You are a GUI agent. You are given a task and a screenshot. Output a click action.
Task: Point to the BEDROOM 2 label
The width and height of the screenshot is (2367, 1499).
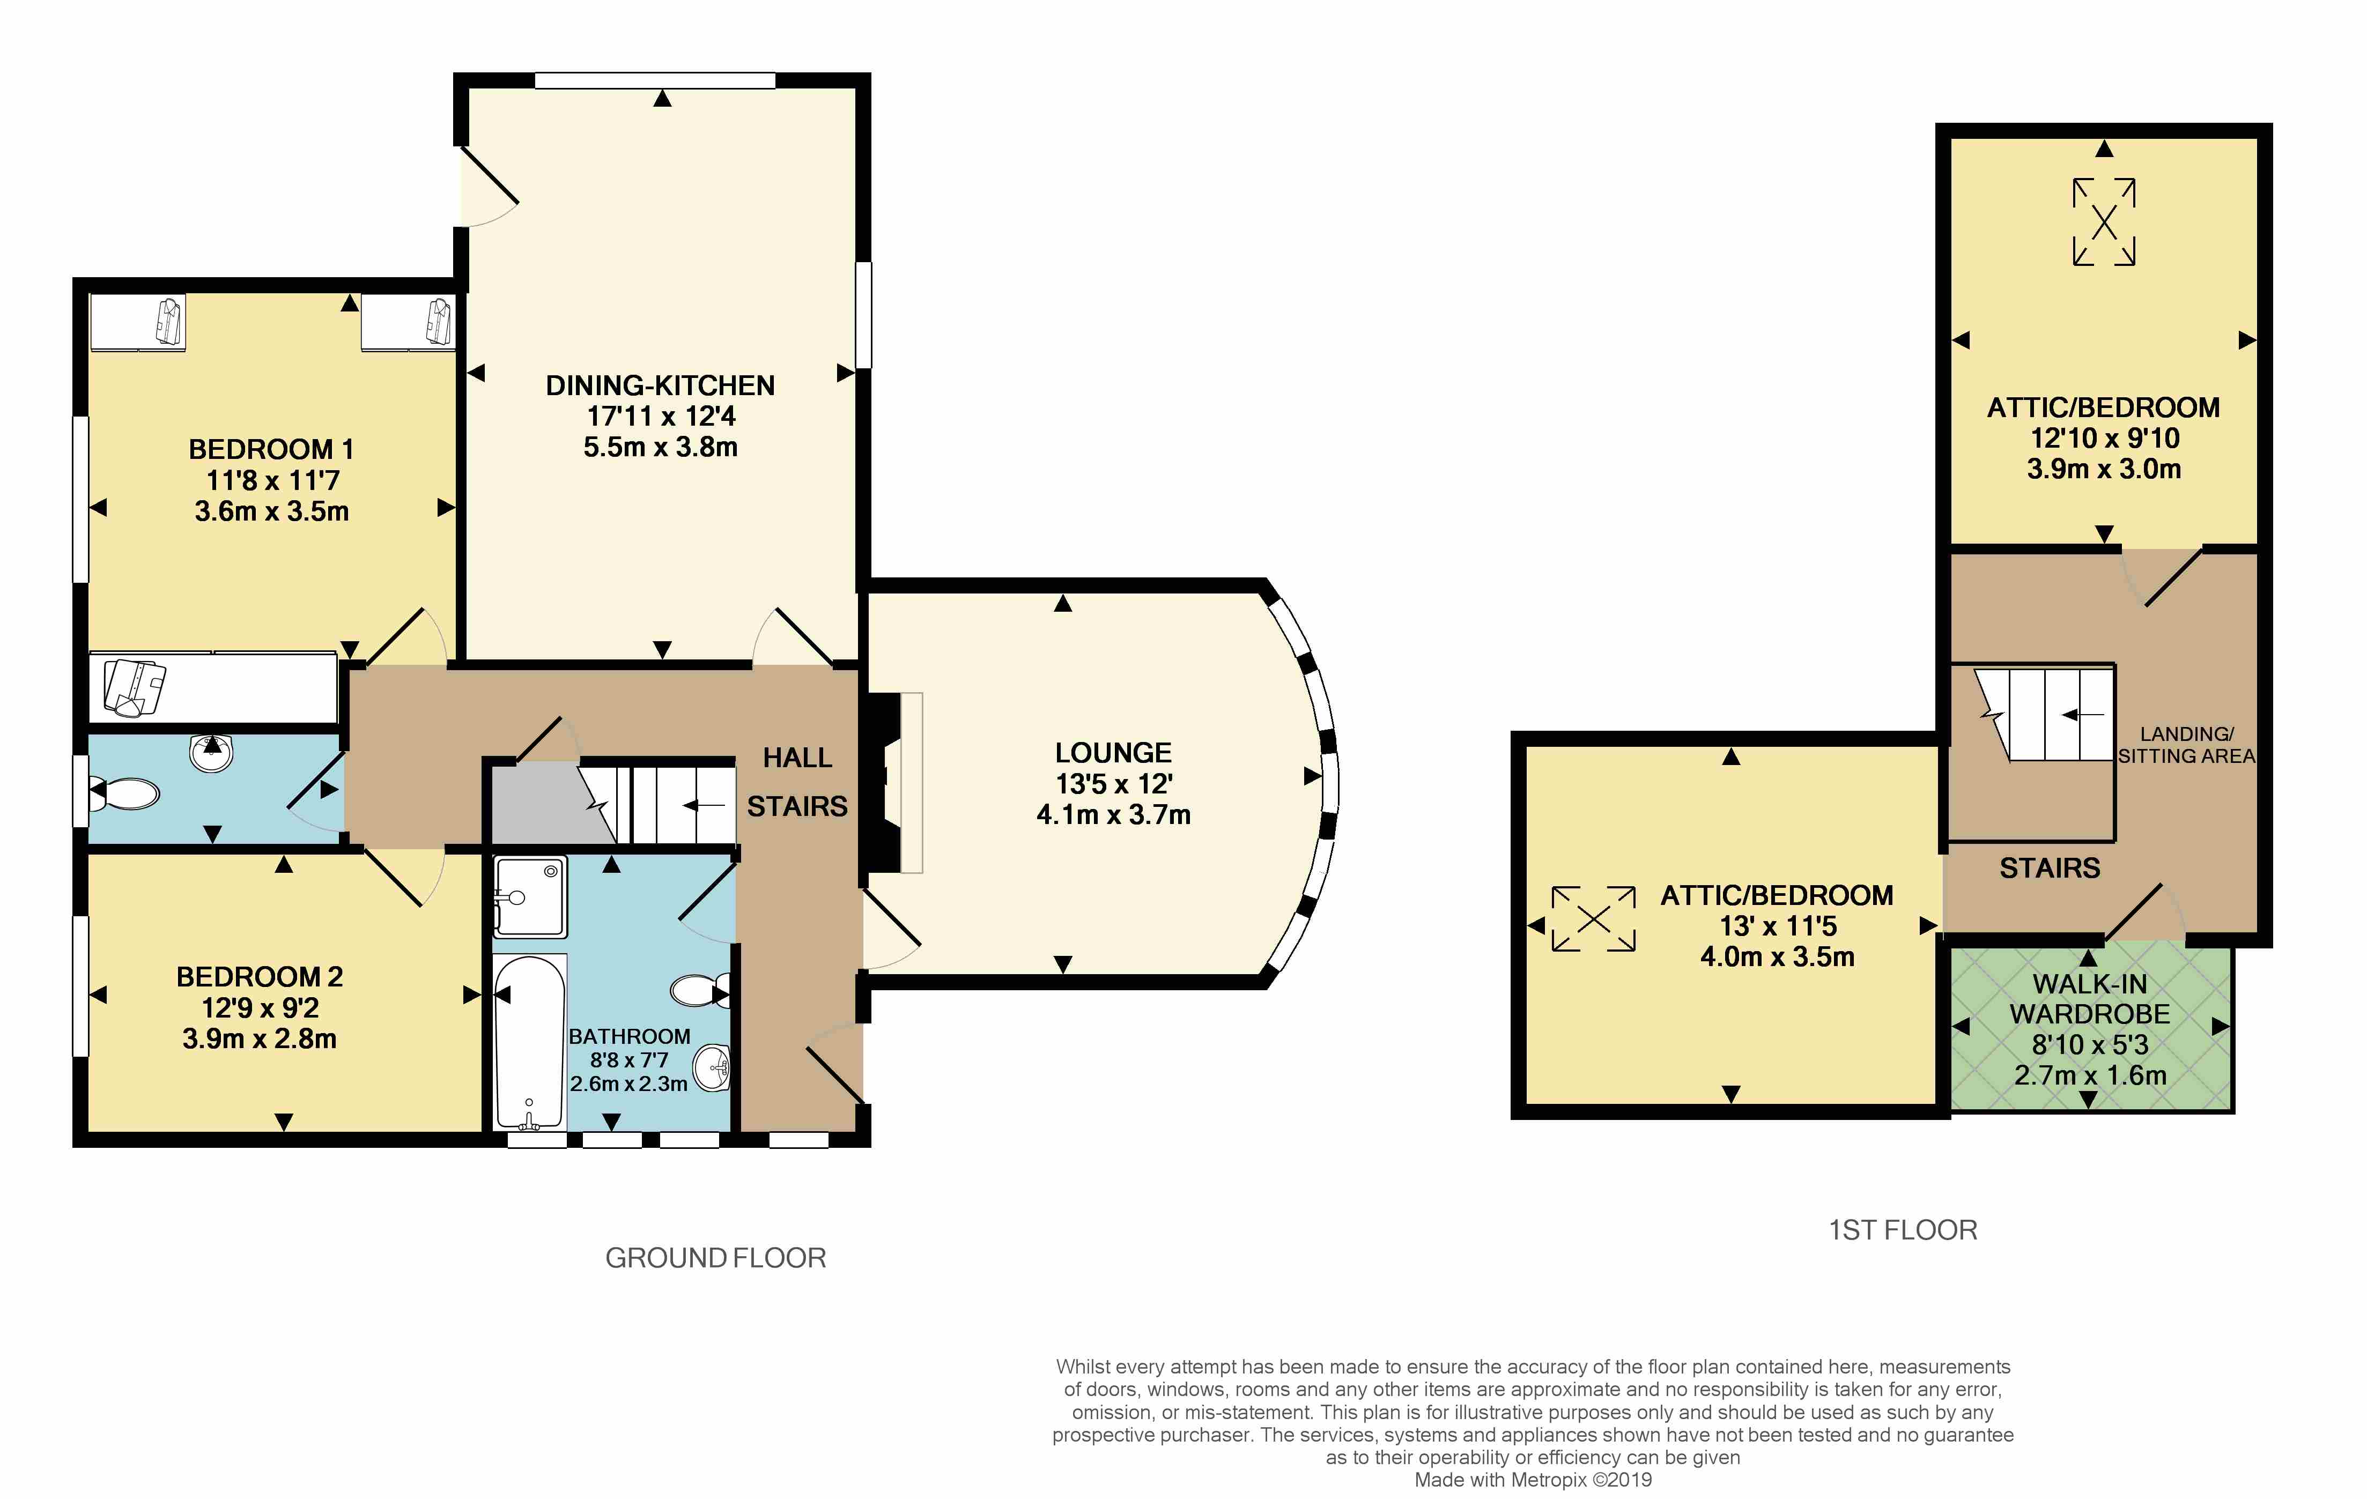pyautogui.click(x=260, y=977)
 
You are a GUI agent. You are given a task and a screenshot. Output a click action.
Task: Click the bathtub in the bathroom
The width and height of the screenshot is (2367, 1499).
pyautogui.click(x=530, y=1042)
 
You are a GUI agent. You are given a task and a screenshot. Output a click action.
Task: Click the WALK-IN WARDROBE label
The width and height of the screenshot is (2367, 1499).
pyautogui.click(x=2090, y=999)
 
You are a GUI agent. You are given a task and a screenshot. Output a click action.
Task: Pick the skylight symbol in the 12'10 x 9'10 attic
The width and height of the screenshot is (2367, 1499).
pyautogui.click(x=2105, y=222)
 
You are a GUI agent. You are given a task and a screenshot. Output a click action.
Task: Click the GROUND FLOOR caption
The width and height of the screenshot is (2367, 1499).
pyautogui.click(x=715, y=1258)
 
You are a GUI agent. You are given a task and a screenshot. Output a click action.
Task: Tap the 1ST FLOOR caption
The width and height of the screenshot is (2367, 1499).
pyautogui.click(x=1903, y=1230)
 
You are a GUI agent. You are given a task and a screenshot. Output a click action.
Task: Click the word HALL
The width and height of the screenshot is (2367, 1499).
pyautogui.click(x=797, y=758)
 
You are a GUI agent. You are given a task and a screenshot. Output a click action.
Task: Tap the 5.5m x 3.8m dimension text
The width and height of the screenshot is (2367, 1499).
pyautogui.click(x=661, y=447)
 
